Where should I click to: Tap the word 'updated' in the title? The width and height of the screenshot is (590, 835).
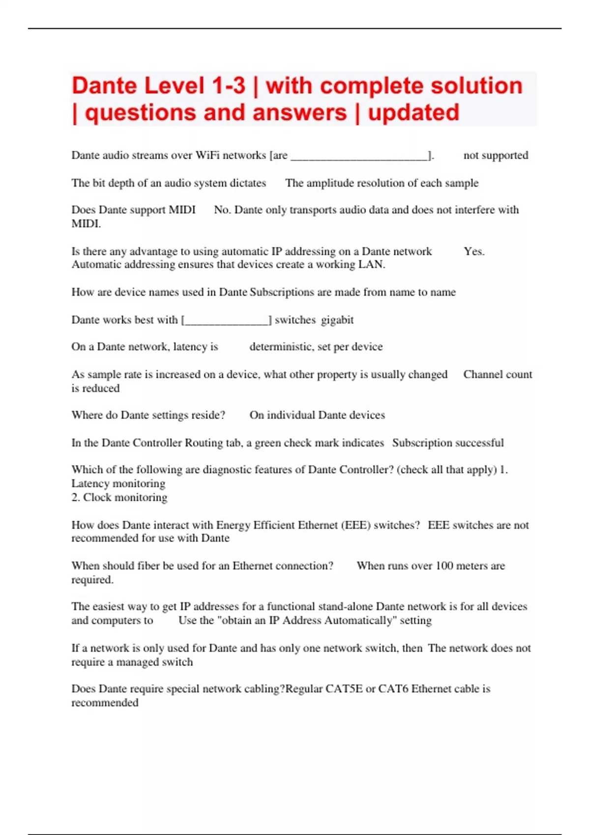click(413, 112)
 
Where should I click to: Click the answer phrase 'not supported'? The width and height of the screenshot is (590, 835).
click(496, 155)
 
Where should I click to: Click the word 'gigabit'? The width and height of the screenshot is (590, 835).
click(337, 320)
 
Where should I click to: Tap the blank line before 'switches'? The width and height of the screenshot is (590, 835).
click(227, 321)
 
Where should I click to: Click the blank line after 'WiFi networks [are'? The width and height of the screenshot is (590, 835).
click(359, 156)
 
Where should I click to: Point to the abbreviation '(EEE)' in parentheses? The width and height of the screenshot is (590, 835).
click(355, 525)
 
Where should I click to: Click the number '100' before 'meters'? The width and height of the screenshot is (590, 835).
click(444, 566)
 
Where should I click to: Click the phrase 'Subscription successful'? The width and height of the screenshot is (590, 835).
click(448, 443)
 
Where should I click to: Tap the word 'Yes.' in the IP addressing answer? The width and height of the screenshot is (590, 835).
click(474, 251)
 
